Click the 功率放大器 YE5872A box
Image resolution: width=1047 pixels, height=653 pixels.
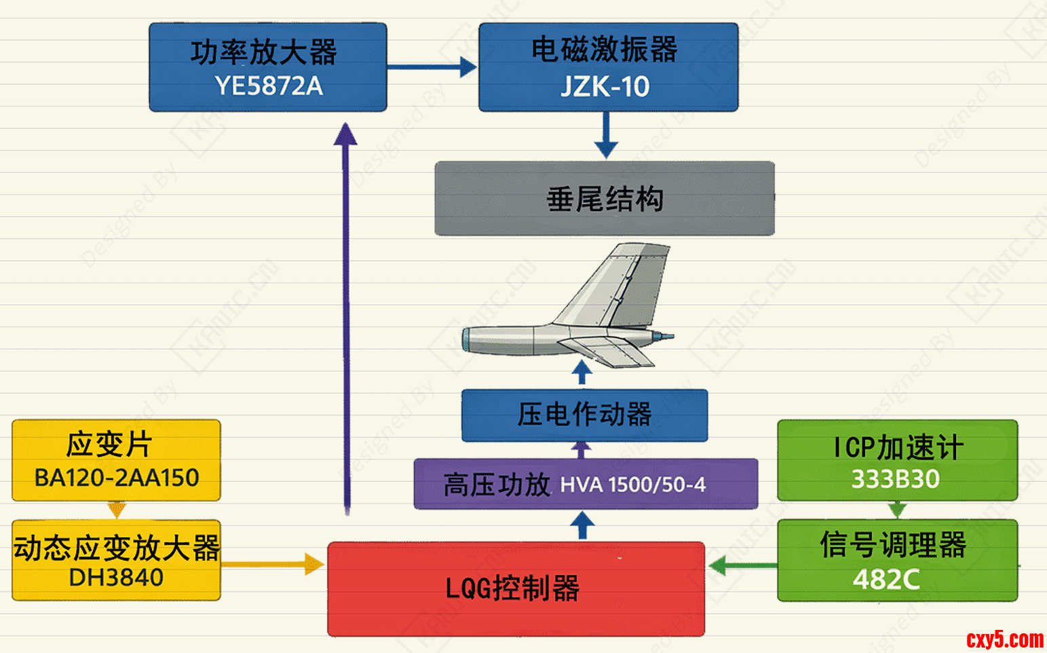pos(268,67)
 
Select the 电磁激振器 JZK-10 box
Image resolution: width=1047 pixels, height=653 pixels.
pos(608,67)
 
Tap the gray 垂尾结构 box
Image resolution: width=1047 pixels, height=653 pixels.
pos(604,199)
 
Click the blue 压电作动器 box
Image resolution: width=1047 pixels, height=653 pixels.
pos(584,415)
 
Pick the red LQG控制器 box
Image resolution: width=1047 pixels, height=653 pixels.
pos(516,589)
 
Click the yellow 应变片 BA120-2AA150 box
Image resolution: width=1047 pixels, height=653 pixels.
pos(116,460)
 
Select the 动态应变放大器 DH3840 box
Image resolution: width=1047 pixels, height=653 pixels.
pos(116,561)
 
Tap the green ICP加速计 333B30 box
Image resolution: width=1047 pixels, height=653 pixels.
pos(897,460)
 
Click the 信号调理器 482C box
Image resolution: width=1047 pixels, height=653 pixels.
pos(897,561)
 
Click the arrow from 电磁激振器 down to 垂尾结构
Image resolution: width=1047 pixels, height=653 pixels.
pos(606,135)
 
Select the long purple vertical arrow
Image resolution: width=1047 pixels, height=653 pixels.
pos(346,319)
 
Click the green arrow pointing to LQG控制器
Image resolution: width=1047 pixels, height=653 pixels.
pos(742,565)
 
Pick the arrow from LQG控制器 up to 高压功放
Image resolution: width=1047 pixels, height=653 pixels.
pos(582,525)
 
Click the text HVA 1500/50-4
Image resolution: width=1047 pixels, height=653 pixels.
pos(632,485)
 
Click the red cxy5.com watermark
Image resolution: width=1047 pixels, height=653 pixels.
pos(1005,639)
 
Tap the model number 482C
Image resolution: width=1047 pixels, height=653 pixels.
pos(886,580)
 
